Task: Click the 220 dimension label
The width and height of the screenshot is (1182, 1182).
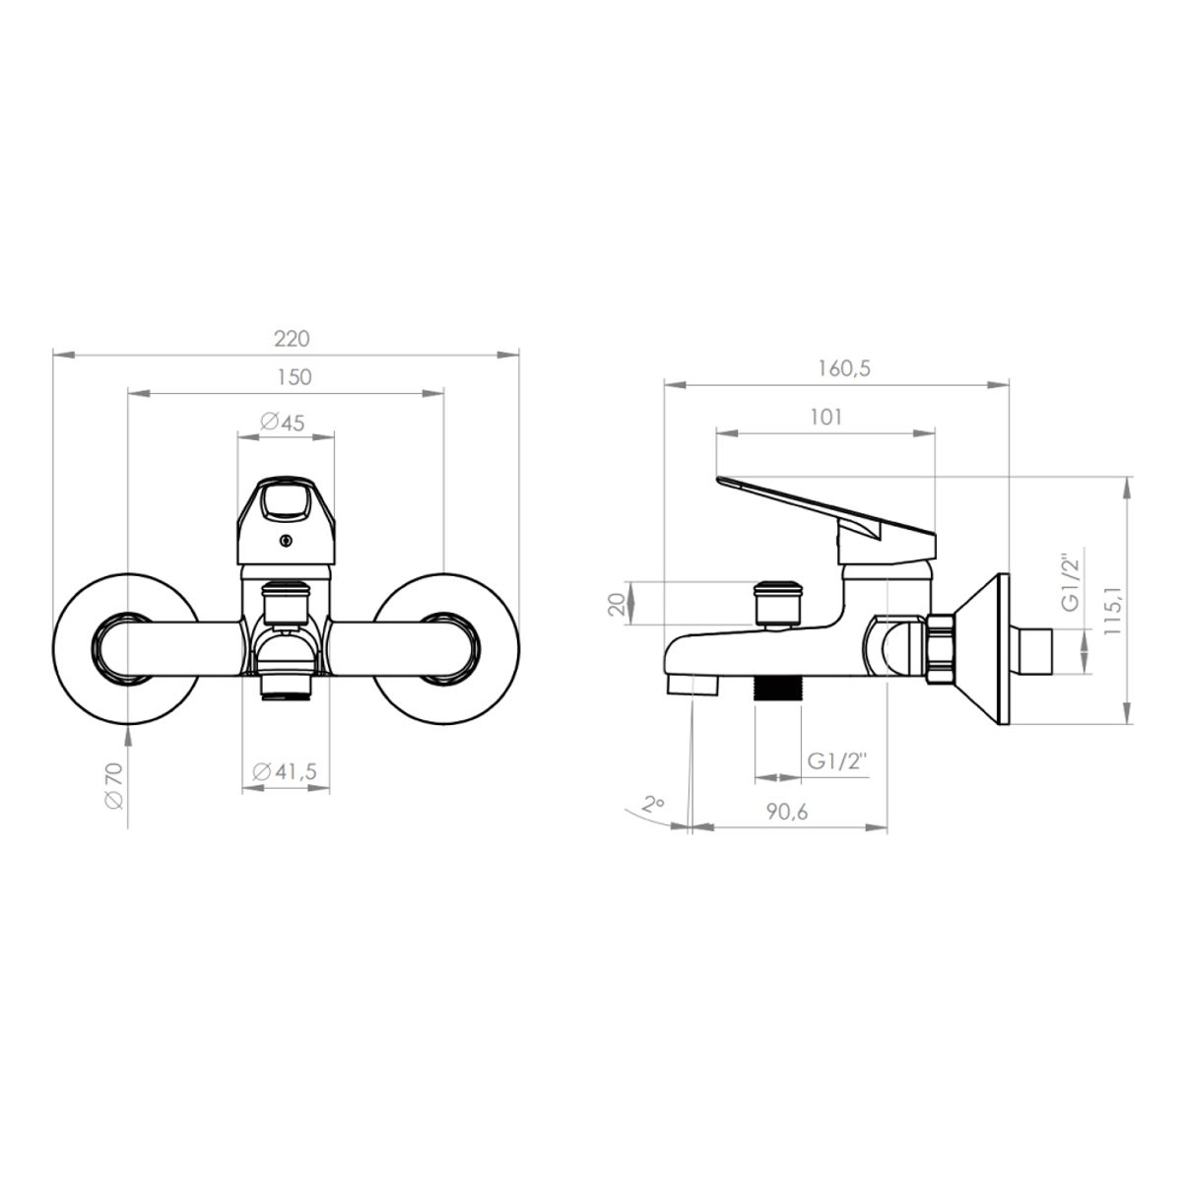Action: [292, 339]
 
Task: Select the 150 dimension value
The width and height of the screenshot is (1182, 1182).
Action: [295, 376]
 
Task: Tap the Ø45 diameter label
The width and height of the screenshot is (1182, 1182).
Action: [282, 422]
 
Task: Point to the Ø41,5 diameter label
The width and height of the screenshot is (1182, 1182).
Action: [285, 771]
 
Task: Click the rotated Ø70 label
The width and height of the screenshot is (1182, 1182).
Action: [114, 786]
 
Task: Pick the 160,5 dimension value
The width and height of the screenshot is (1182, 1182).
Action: [844, 368]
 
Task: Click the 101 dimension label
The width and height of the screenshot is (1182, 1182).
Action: [825, 417]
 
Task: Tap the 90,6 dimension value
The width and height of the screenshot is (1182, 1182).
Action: [787, 812]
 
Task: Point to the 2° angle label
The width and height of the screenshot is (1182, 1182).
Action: [653, 803]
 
